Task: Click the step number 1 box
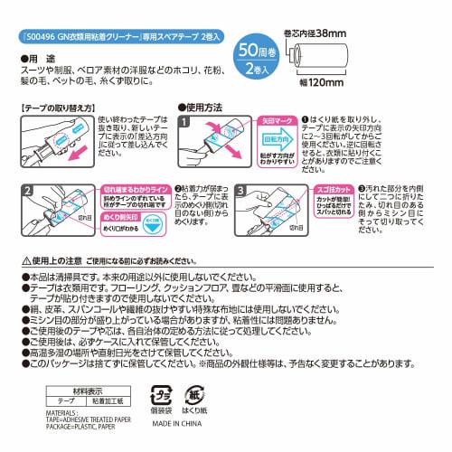pos(185,121)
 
